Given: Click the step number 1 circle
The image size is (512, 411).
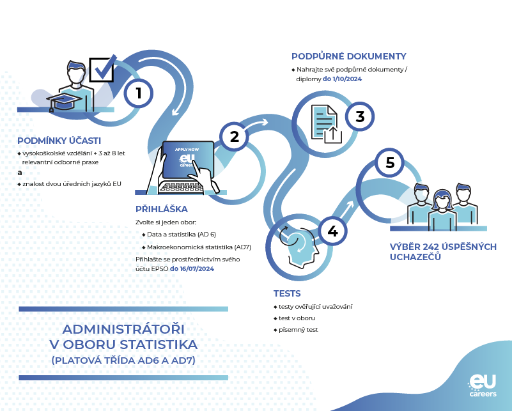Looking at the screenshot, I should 139,93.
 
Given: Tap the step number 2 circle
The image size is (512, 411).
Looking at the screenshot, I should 234,136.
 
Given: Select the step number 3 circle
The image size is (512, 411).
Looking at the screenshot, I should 360,116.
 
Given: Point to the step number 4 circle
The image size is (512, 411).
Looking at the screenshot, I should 332,231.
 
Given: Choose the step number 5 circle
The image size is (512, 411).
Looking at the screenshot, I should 390,163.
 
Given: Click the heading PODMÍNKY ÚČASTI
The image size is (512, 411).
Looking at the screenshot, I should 59,141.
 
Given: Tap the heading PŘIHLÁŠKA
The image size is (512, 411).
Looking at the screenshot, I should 161,209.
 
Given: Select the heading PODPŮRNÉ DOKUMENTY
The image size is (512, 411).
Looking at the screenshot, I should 348,56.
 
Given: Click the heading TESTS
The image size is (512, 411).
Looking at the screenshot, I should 287,293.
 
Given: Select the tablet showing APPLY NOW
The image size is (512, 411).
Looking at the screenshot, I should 187,160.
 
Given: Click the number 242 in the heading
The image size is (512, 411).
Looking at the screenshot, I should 431,247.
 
